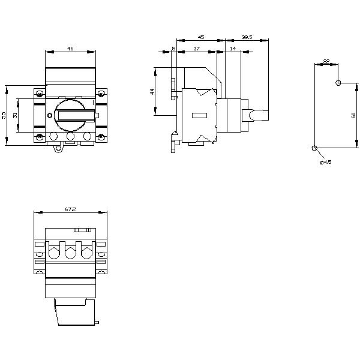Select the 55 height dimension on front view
4,115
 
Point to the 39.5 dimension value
246,37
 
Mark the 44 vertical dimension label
152,91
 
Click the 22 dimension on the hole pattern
326,61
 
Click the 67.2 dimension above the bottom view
70,209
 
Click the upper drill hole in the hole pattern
339,82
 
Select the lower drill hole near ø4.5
314,148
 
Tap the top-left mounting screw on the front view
40,94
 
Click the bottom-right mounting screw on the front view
101,137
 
